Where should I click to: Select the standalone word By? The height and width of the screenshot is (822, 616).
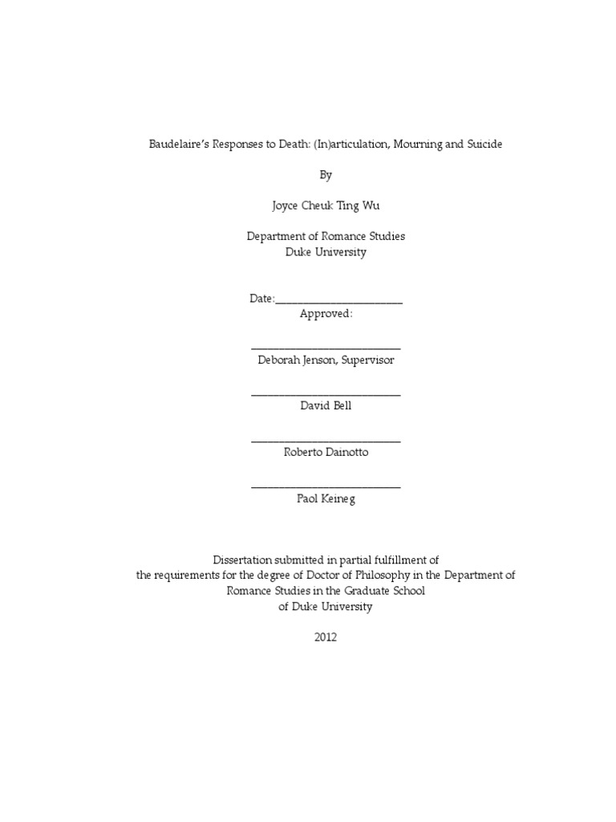click(x=326, y=174)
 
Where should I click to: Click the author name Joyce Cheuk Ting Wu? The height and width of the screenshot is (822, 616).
click(x=326, y=205)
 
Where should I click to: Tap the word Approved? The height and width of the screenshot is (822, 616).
click(x=326, y=314)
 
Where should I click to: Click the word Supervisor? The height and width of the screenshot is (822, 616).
click(x=367, y=360)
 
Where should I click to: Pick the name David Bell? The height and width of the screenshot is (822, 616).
click(x=326, y=406)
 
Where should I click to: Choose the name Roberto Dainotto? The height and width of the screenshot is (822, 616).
click(x=326, y=452)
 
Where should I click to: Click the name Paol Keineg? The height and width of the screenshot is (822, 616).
click(x=326, y=498)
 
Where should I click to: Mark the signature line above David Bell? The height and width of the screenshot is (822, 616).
click(x=326, y=394)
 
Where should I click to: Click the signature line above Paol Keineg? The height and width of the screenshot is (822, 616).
click(x=326, y=486)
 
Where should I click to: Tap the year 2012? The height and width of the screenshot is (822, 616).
click(x=326, y=637)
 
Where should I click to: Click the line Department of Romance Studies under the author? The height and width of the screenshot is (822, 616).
click(x=326, y=236)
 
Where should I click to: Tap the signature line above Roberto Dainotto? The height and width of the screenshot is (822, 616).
click(x=326, y=441)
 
